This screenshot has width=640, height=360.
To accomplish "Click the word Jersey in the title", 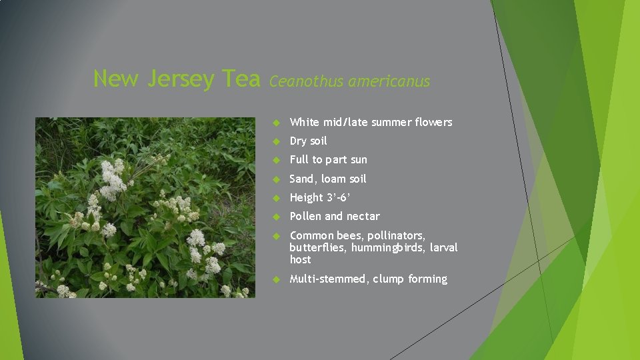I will [181, 79].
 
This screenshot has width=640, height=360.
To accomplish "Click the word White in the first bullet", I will [305, 122].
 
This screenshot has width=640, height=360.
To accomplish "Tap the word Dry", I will [299, 141].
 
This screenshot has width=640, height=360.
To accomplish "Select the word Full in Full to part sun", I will [299, 160].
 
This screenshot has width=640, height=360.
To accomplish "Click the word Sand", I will [302, 179].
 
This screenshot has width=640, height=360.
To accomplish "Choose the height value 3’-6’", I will [338, 197].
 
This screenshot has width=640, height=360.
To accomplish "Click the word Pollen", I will [305, 216].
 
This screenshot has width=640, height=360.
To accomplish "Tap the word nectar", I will [363, 216].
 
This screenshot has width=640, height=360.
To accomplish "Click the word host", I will [300, 259].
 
